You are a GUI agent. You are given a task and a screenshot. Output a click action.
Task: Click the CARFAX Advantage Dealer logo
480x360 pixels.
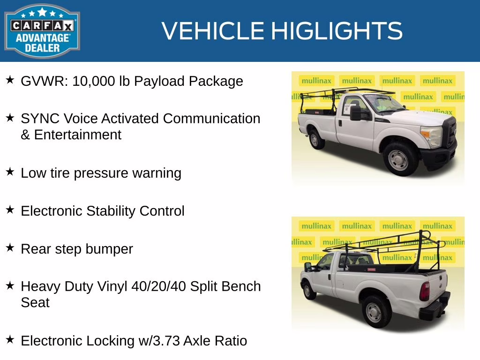click(42, 31)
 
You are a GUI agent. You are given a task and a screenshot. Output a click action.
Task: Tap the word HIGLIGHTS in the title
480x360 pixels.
click(337, 31)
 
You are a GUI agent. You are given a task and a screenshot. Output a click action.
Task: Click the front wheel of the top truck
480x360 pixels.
click(398, 159)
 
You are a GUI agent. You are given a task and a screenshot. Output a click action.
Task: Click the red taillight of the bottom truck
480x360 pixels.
click(424, 291)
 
